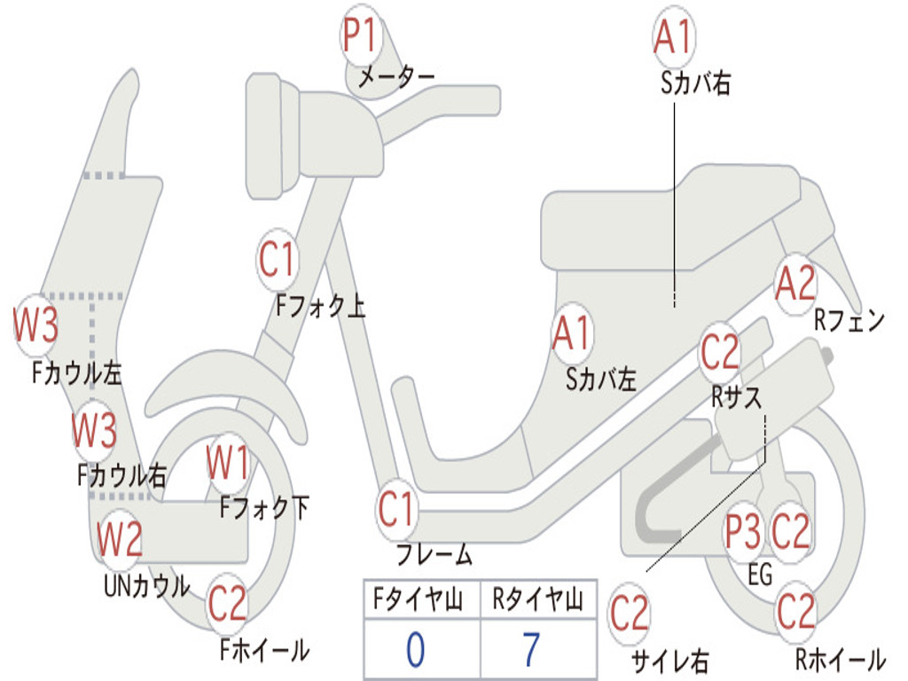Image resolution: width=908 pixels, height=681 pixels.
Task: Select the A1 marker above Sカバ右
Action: [672, 38]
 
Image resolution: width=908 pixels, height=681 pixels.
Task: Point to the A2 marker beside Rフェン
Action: [794, 285]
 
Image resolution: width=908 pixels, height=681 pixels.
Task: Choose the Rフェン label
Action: [849, 321]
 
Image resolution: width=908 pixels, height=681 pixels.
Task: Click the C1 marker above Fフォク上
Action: [277, 259]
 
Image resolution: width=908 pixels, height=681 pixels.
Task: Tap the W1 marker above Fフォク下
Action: [227, 463]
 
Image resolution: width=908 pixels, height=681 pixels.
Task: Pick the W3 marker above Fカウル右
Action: [94, 431]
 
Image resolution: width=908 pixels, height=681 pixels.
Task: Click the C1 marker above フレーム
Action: [397, 510]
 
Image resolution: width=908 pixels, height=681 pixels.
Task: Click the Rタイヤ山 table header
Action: [537, 601]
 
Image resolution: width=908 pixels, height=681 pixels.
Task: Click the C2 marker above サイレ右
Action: [630, 614]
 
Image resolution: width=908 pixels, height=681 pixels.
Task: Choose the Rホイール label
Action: [840, 660]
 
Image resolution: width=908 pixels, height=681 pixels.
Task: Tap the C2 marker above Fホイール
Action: [228, 605]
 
